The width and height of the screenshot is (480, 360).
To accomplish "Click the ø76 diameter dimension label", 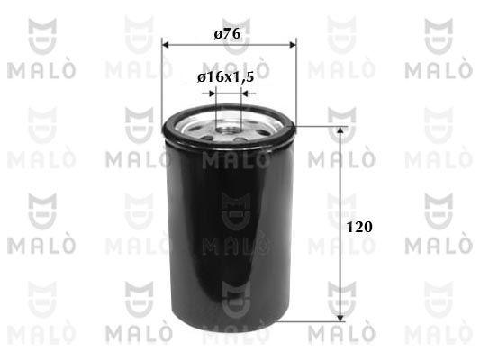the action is tap(228, 34).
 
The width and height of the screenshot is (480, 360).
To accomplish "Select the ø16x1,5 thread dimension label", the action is tap(226, 77).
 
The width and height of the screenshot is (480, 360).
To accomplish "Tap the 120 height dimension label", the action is tap(359, 227).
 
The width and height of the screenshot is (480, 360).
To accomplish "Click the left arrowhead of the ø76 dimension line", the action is tap(166, 45).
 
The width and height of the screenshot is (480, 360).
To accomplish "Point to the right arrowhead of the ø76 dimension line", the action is tap(293, 45).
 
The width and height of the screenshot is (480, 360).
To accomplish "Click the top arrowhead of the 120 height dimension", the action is tap(340, 130).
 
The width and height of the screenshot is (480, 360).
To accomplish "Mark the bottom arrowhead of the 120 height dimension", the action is tap(340, 318).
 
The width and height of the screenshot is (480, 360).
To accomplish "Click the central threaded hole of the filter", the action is tap(228, 130).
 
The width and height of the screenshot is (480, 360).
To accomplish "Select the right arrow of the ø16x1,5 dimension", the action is tap(249, 94).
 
